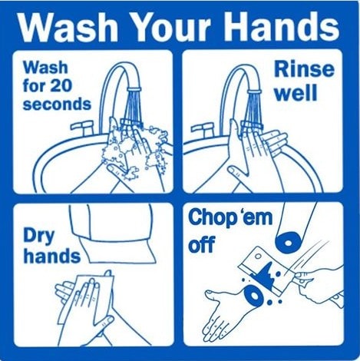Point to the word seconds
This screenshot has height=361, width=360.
[x=57, y=104]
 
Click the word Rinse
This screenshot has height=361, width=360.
[x=304, y=69]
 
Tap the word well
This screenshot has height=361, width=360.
[x=296, y=92]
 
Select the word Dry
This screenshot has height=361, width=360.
[x=39, y=237]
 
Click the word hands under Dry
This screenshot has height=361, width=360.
[x=51, y=256]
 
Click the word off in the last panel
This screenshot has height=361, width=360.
[x=201, y=244]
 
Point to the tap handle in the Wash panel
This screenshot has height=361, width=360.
[x=82, y=128]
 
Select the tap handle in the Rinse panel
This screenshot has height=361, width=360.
[x=203, y=129]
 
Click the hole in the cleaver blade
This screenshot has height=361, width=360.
[x=259, y=256]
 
